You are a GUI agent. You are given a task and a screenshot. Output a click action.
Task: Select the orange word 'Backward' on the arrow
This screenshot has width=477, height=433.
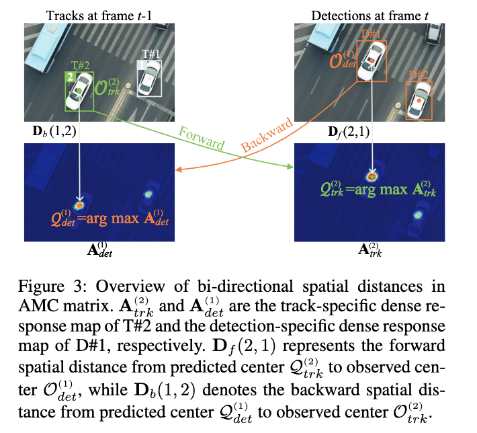coord(267,136)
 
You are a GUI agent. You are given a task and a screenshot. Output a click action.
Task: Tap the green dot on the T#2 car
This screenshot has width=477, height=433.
coord(79,89)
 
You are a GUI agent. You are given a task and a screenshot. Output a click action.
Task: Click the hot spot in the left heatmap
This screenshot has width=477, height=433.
coord(79,202)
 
